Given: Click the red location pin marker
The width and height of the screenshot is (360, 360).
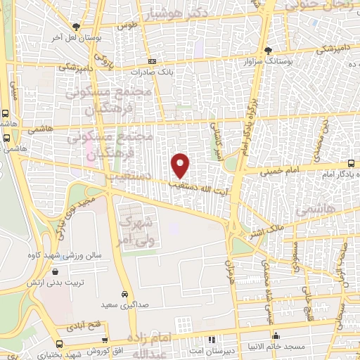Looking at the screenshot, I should pyautogui.click(x=181, y=165).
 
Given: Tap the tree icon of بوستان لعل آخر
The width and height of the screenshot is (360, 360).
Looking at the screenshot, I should pyautogui.click(x=75, y=27).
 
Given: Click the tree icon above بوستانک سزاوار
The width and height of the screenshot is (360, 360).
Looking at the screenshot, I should pyautogui.click(x=268, y=50).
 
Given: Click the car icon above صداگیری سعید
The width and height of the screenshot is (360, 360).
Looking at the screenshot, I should pyautogui.click(x=124, y=293).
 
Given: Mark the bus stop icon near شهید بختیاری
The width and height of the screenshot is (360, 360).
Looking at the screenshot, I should pyautogui.click(x=59, y=344).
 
